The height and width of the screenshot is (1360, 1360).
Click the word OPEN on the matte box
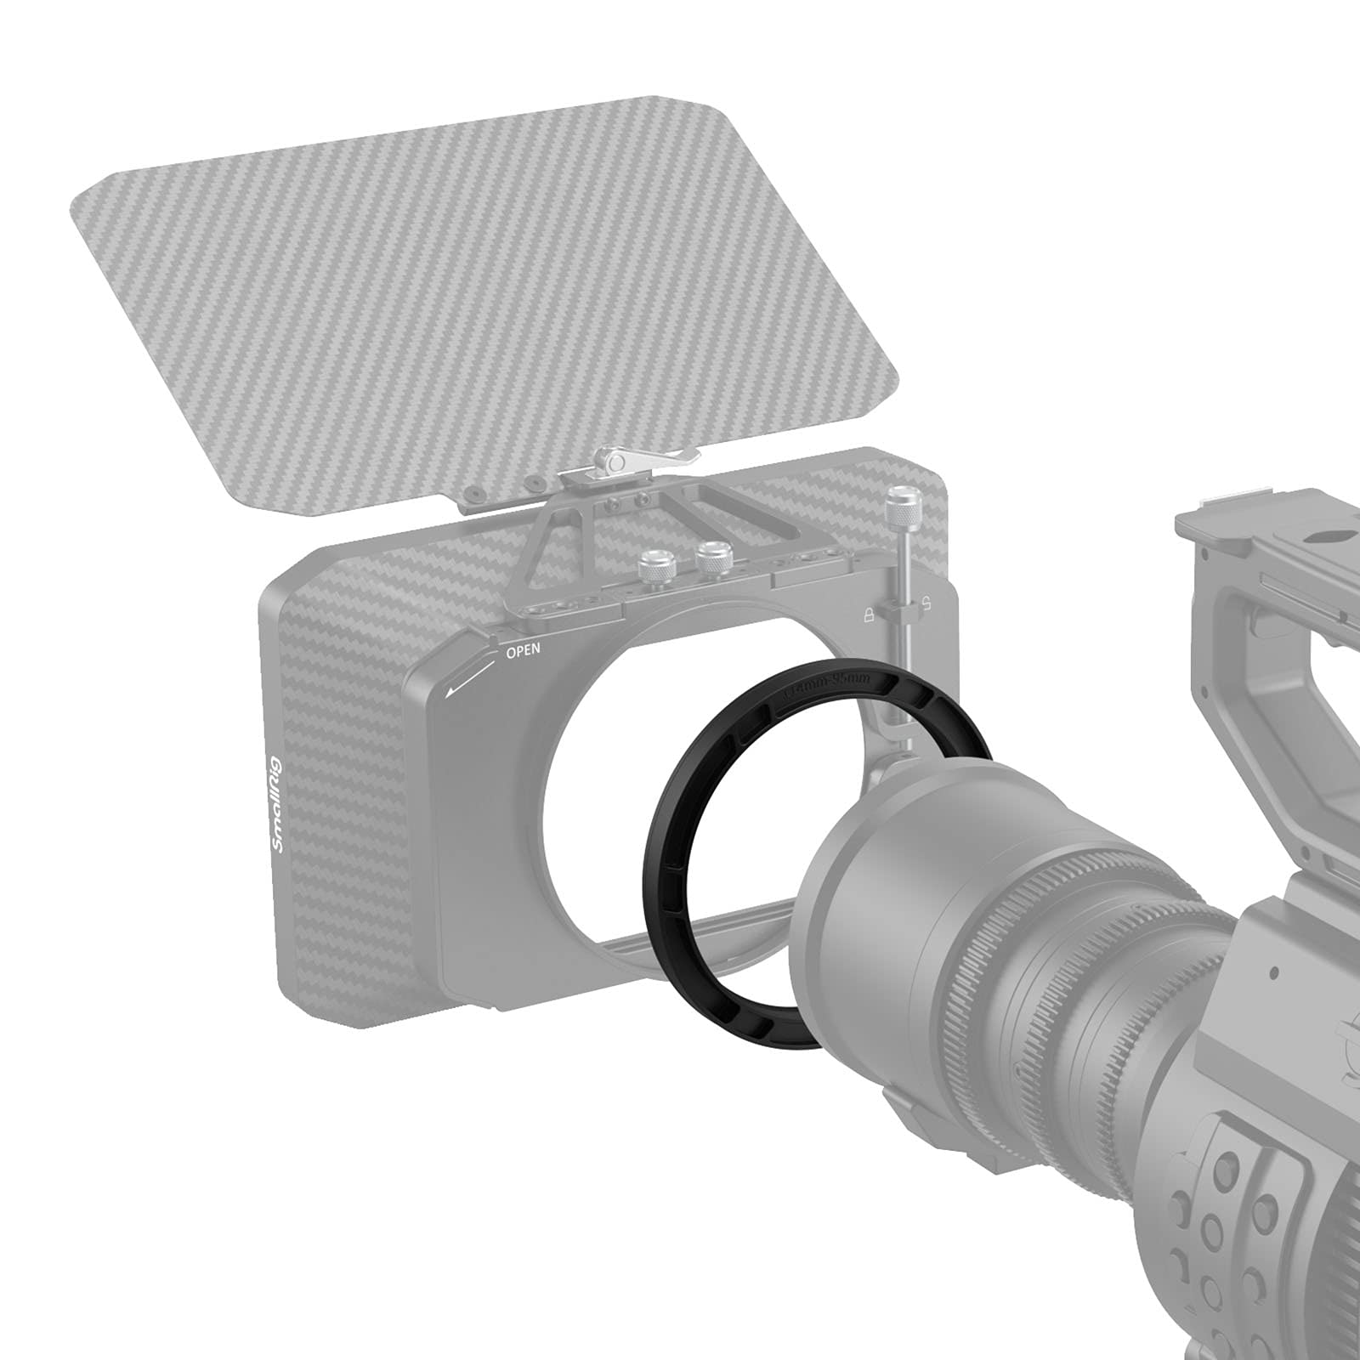point(523,653)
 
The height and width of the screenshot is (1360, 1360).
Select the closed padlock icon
point(869,615)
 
